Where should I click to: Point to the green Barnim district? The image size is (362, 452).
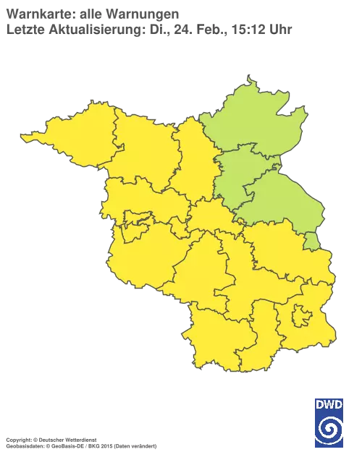(x=238, y=170)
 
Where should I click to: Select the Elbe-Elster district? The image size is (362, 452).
(x=217, y=336)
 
